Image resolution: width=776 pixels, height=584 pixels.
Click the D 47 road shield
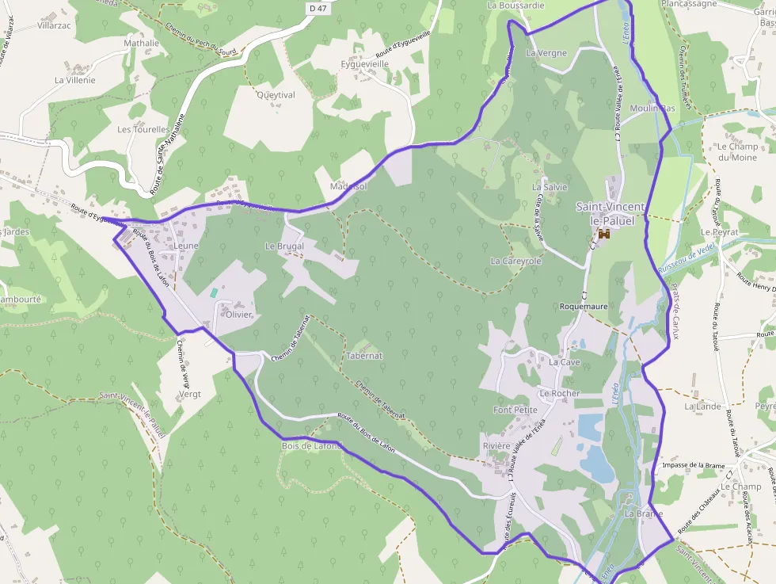(x=317, y=7)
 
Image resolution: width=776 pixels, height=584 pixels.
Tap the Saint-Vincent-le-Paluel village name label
(x=611, y=214)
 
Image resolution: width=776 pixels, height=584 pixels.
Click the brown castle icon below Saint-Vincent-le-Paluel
(x=604, y=235)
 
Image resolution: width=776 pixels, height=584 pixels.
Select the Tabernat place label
(x=364, y=356)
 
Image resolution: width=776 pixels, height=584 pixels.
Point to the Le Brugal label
(x=284, y=246)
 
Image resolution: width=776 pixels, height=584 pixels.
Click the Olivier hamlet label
(x=239, y=315)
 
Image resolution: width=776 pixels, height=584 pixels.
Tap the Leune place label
(x=186, y=246)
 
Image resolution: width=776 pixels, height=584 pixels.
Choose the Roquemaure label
(x=584, y=306)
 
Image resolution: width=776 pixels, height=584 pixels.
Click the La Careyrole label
(x=516, y=261)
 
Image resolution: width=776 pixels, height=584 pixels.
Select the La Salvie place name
(x=550, y=187)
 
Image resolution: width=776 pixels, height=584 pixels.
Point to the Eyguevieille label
(x=364, y=63)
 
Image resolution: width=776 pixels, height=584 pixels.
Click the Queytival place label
(x=276, y=95)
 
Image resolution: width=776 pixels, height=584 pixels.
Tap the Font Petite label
(x=515, y=410)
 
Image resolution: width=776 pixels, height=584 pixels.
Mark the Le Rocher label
(x=560, y=393)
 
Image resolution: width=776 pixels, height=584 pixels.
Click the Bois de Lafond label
(x=311, y=446)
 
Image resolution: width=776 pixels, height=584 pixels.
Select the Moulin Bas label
(x=652, y=108)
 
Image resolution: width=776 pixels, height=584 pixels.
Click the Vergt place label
(x=190, y=394)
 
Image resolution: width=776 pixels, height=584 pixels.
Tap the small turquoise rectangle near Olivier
(x=214, y=292)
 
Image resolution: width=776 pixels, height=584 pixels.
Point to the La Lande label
(x=703, y=407)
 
